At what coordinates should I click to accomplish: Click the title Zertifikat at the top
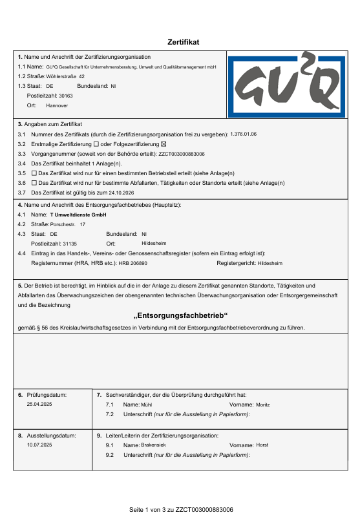click(x=184, y=42)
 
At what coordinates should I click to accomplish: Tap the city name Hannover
click(x=57, y=105)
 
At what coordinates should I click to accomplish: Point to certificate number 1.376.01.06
click(x=244, y=134)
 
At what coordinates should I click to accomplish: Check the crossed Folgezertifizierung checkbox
click(x=164, y=143)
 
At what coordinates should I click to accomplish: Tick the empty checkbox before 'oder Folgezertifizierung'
click(x=96, y=143)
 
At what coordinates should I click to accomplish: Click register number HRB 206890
click(x=133, y=264)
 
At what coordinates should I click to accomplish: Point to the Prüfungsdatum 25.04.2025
click(x=39, y=404)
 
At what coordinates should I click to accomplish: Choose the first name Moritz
click(x=263, y=404)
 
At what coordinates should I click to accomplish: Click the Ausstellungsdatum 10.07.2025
click(x=39, y=445)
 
